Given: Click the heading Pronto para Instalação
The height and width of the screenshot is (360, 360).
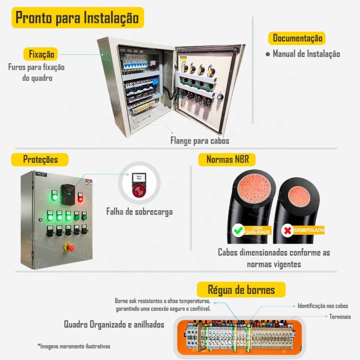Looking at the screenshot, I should tap(77, 18).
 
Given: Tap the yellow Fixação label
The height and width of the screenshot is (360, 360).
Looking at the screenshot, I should tap(41, 54).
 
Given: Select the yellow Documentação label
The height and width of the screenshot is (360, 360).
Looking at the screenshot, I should tap(297, 38).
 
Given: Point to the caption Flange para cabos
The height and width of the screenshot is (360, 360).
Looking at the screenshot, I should tap(199, 141).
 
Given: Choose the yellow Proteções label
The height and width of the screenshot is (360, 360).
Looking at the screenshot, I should tap(40, 159).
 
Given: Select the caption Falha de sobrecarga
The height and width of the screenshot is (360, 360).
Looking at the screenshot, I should tap(139, 211).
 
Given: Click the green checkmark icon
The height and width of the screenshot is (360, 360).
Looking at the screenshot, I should tap(237, 231).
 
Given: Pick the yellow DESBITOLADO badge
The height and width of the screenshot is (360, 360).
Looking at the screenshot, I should tap(309, 230).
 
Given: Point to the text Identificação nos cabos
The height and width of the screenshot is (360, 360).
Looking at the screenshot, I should tap(323, 306).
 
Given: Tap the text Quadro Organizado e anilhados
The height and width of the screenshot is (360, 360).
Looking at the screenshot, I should tap(114, 324).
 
